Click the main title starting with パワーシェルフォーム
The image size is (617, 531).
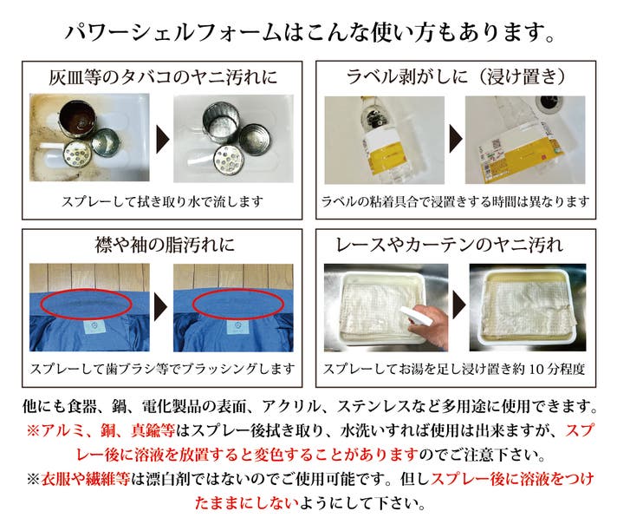tap(308, 32)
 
